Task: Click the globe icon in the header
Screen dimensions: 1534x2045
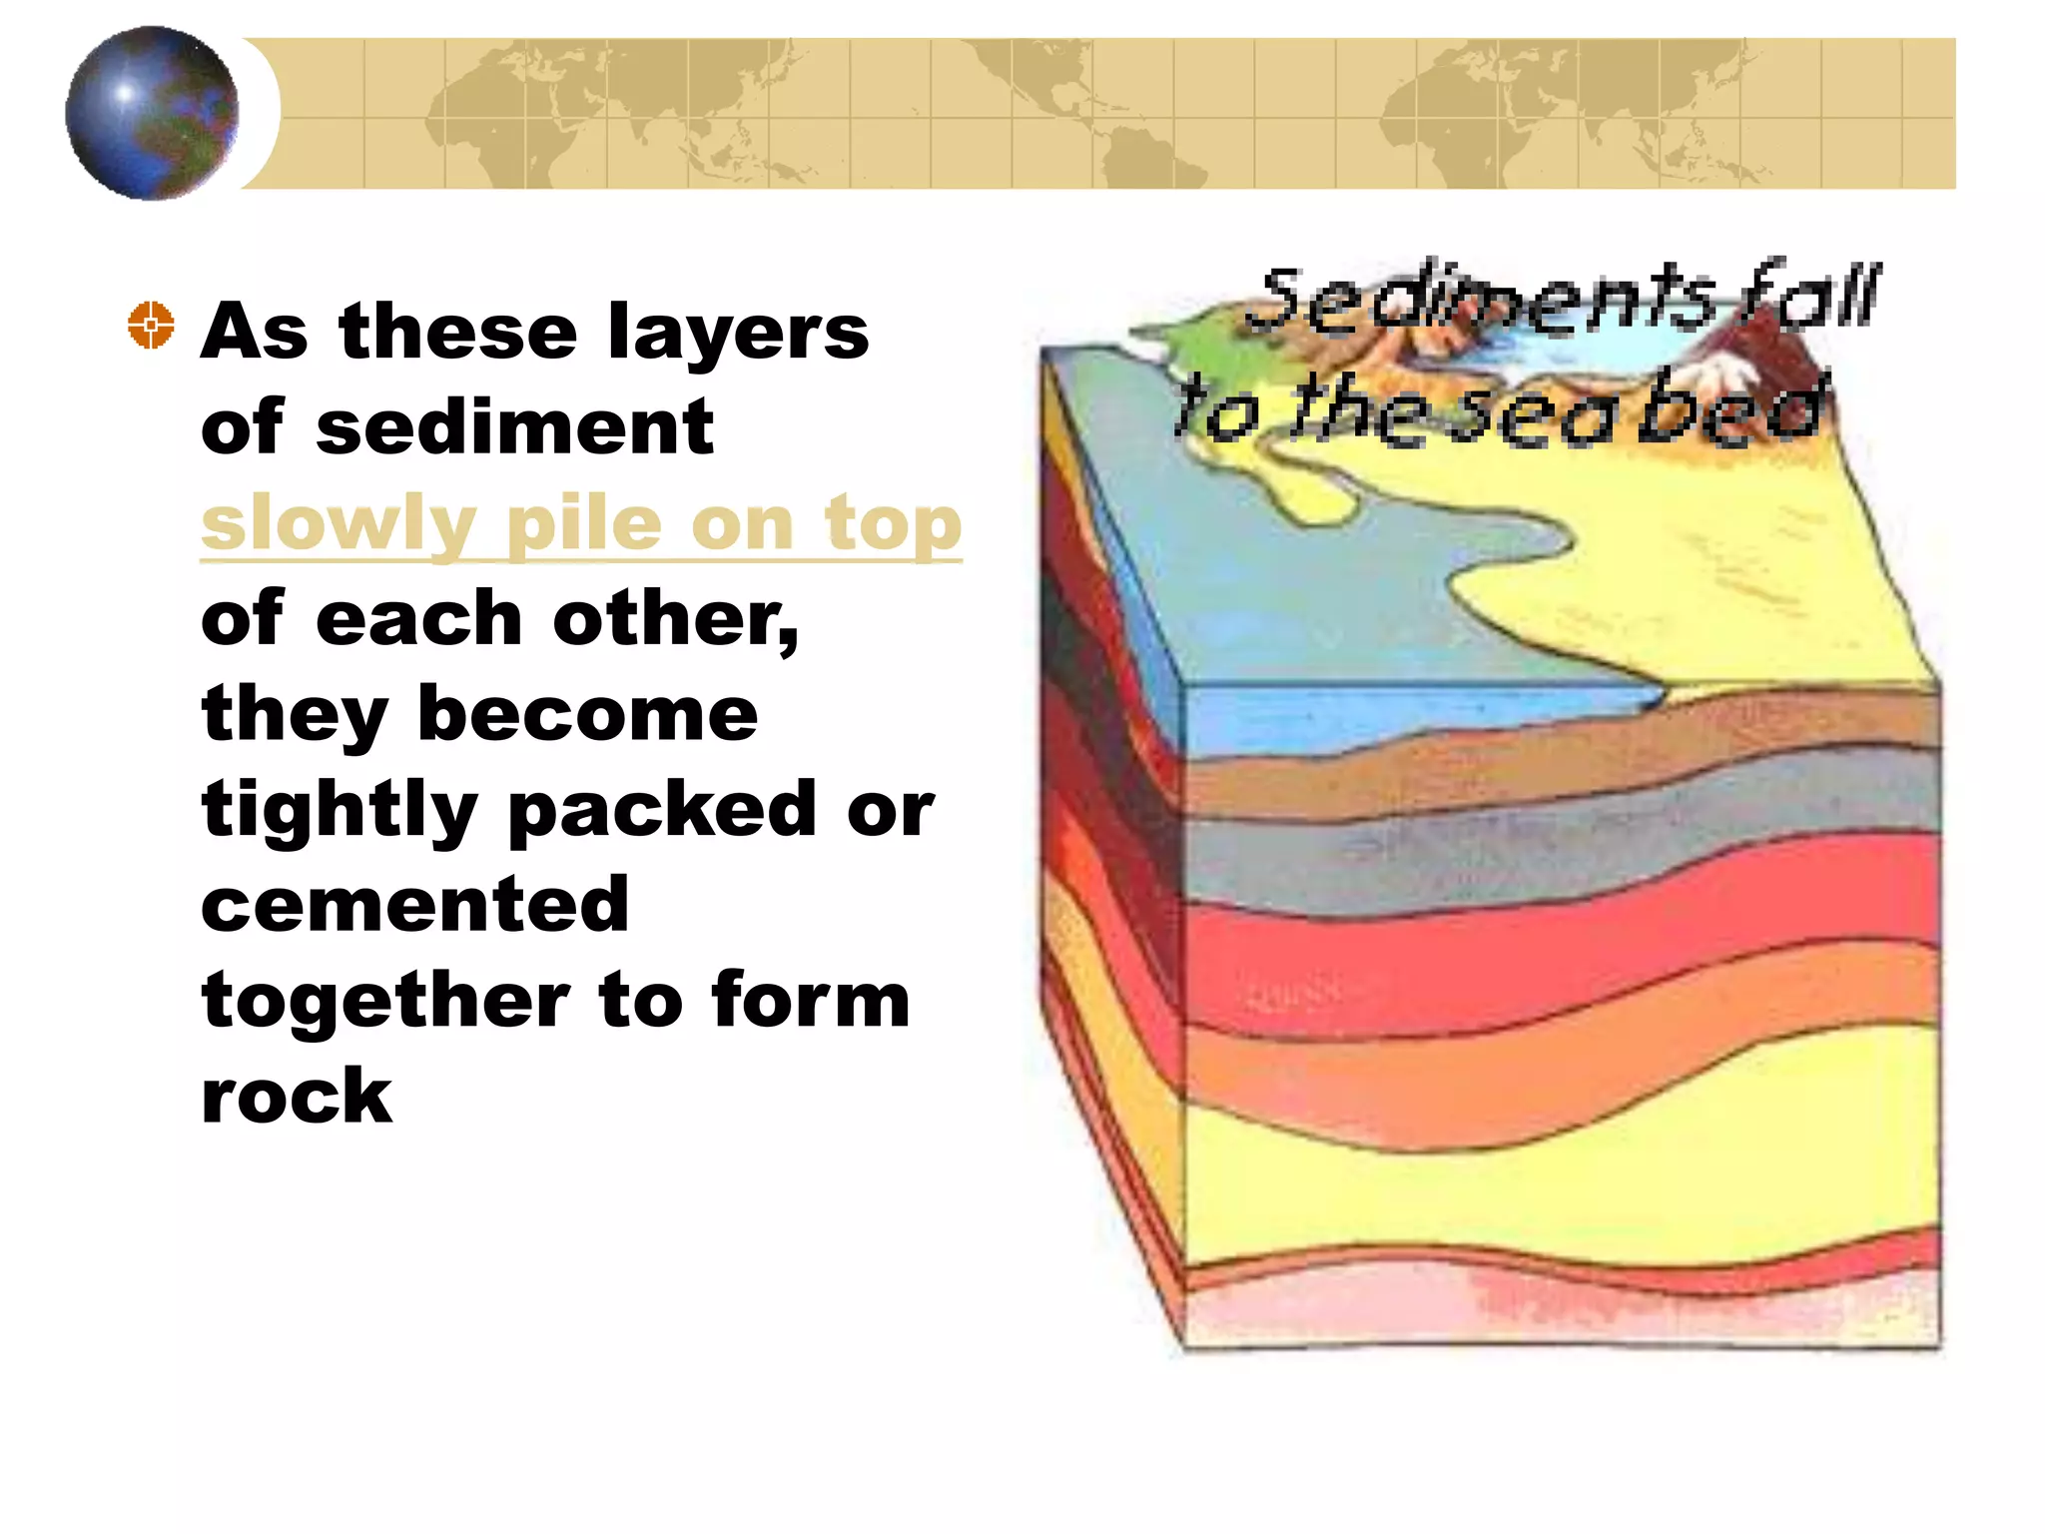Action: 152,113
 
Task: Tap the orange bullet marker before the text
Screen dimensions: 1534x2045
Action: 151,325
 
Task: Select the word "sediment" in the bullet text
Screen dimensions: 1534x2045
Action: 514,427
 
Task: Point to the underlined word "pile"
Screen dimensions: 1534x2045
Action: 584,524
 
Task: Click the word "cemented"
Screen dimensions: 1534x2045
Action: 415,905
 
